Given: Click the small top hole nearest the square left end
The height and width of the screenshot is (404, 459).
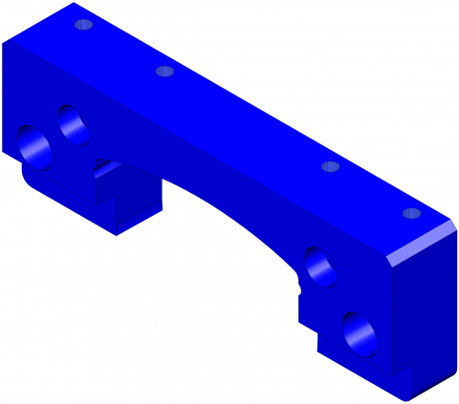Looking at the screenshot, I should click(x=83, y=24).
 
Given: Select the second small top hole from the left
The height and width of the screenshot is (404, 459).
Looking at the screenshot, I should click(x=164, y=71).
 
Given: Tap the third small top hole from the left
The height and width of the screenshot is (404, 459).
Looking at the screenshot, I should click(x=330, y=166).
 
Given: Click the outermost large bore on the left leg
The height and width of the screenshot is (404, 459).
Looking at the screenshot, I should click(x=35, y=145).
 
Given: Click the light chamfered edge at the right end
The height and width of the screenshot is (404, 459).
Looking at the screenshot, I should click(x=421, y=243).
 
